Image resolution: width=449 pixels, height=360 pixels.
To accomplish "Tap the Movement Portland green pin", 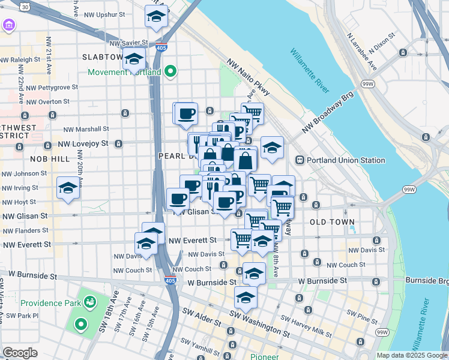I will click(171, 73).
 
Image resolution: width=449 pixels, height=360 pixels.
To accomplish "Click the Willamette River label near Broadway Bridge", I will click(310, 70).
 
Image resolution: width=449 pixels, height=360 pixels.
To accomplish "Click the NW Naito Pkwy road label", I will click(249, 77).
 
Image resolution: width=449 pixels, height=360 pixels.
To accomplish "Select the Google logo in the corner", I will click(20, 353).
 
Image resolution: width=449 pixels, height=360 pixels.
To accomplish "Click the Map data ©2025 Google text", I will click(411, 355).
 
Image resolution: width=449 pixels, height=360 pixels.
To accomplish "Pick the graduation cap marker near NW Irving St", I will click(68, 188).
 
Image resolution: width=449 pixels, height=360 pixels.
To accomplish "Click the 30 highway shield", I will click(23, 6).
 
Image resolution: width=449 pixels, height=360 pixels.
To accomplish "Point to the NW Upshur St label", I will click(104, 14).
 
